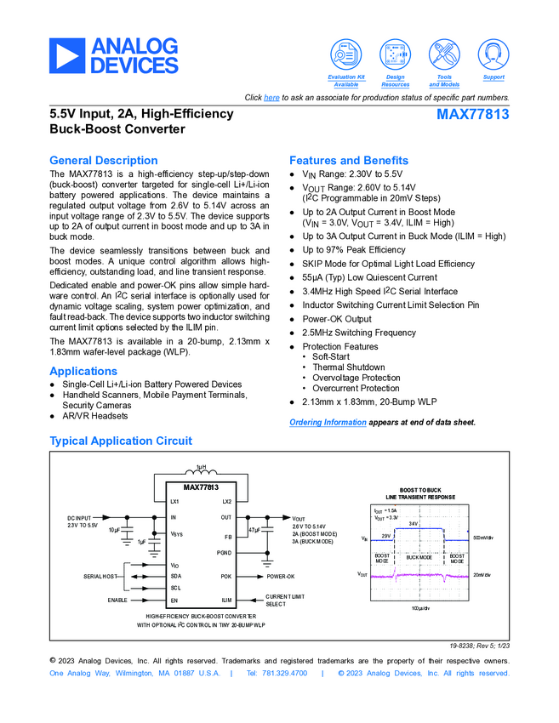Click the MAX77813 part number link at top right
(x=473, y=114)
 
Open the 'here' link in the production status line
(x=271, y=98)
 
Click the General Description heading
(x=104, y=160)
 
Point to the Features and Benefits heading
(x=349, y=160)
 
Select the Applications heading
(x=83, y=371)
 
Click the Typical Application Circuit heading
(x=121, y=441)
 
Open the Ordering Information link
(x=328, y=422)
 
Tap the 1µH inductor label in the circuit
(x=202, y=468)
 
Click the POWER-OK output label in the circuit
(x=280, y=576)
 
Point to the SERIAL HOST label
(x=100, y=576)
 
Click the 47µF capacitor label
(x=254, y=530)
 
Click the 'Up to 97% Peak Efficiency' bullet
(x=354, y=250)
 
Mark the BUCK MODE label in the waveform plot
(x=419, y=557)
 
